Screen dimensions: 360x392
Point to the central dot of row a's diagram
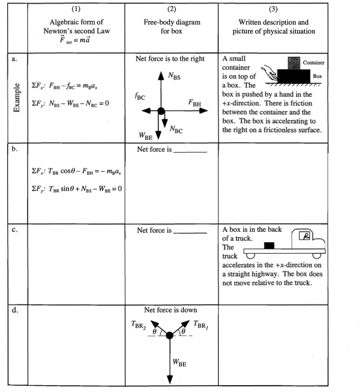(161, 111)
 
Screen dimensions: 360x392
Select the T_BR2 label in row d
(138, 325)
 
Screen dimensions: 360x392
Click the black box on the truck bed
(269, 245)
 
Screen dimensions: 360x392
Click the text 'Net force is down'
(170, 310)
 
